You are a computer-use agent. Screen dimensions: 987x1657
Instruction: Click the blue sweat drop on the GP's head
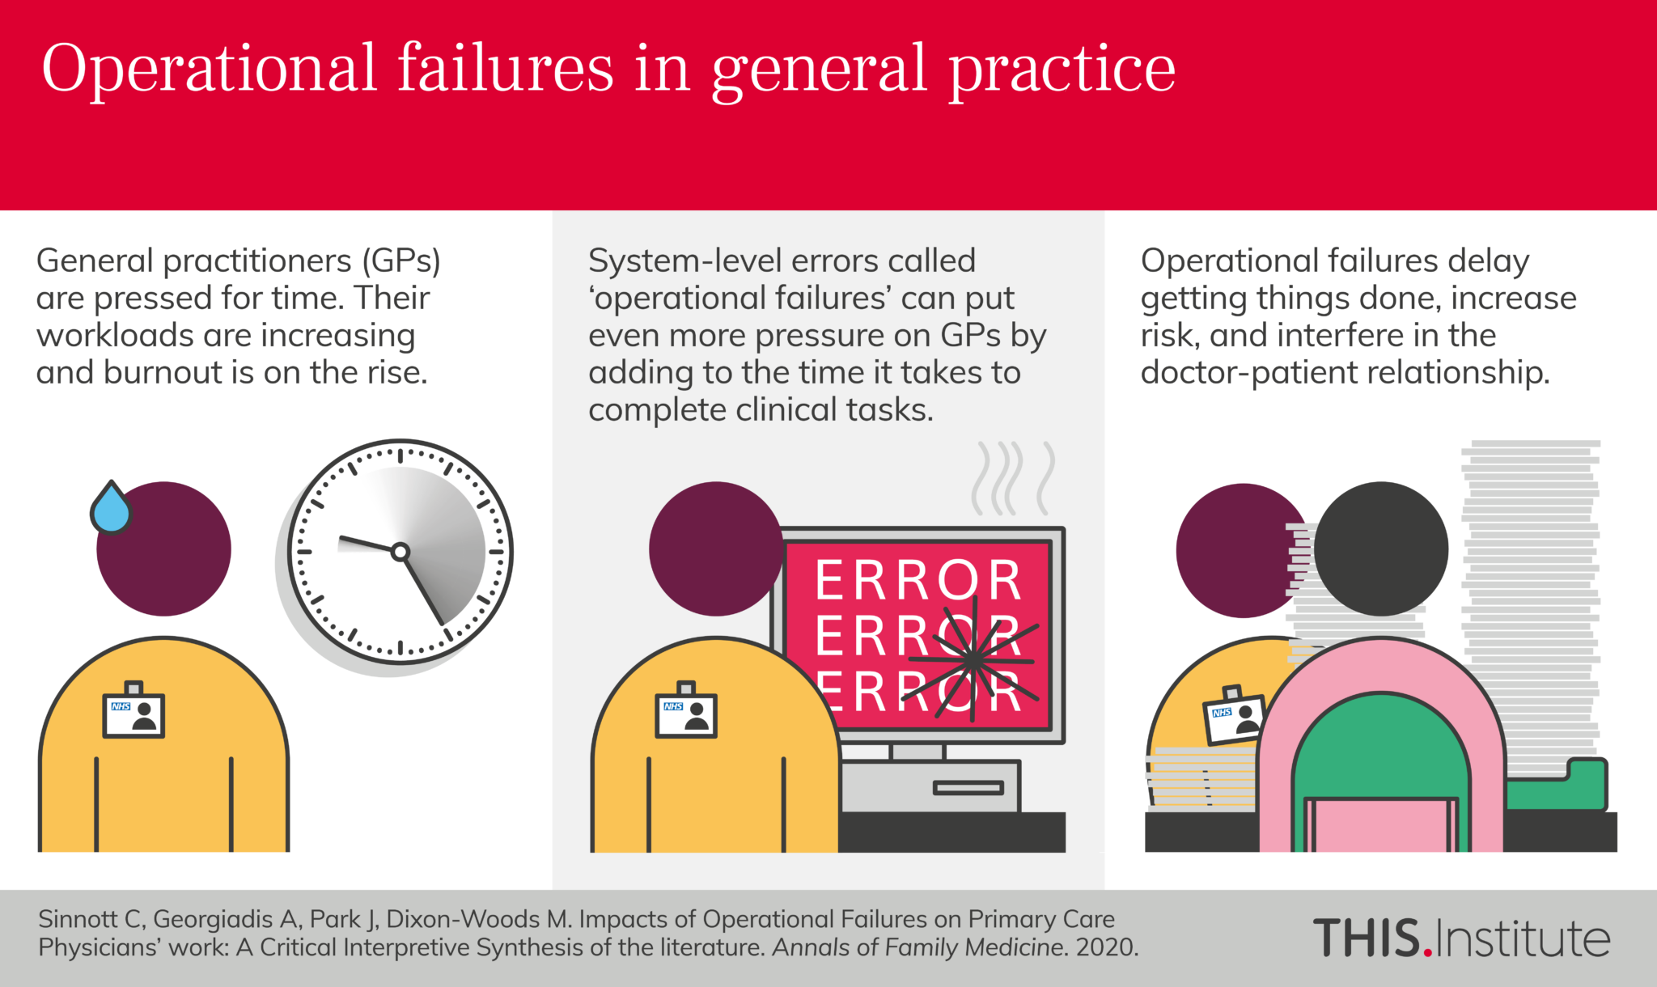tap(112, 510)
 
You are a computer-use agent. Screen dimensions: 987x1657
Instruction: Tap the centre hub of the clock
tap(400, 553)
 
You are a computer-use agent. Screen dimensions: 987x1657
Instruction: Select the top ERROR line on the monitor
tap(918, 580)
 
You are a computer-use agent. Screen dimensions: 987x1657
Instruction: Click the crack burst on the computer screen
tap(975, 659)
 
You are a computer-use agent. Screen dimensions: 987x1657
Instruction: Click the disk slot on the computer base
tap(968, 787)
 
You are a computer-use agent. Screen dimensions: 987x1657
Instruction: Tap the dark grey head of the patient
tap(1380, 549)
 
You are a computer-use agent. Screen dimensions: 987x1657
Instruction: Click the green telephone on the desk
tap(1557, 785)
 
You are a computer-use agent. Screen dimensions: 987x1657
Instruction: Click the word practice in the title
tap(1062, 69)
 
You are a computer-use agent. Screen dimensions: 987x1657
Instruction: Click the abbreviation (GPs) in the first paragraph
tap(401, 261)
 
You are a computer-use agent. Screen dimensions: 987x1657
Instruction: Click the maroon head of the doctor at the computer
tap(714, 549)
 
